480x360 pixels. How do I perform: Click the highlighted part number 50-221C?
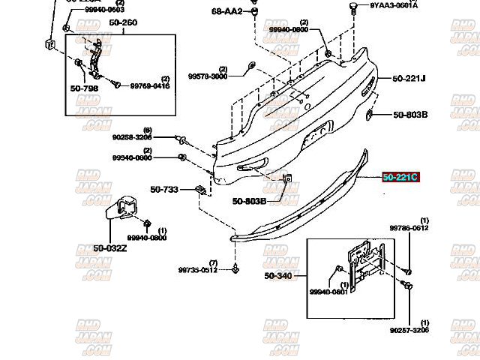pyautogui.click(x=400, y=178)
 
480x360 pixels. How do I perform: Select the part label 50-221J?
pyautogui.click(x=409, y=78)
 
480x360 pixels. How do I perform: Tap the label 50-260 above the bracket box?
pyautogui.click(x=123, y=23)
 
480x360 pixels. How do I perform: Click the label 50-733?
pyautogui.click(x=163, y=190)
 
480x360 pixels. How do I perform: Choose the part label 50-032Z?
pyautogui.click(x=111, y=248)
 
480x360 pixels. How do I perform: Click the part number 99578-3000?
pyautogui.click(x=208, y=76)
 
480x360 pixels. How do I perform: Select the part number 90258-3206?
pyautogui.click(x=133, y=137)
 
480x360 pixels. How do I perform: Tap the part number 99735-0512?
pyautogui.click(x=198, y=270)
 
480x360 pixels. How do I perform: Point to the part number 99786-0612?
pyautogui.click(x=408, y=227)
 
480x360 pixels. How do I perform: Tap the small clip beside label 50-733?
pyautogui.click(x=201, y=190)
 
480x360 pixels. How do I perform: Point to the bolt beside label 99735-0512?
pyautogui.click(x=236, y=268)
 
